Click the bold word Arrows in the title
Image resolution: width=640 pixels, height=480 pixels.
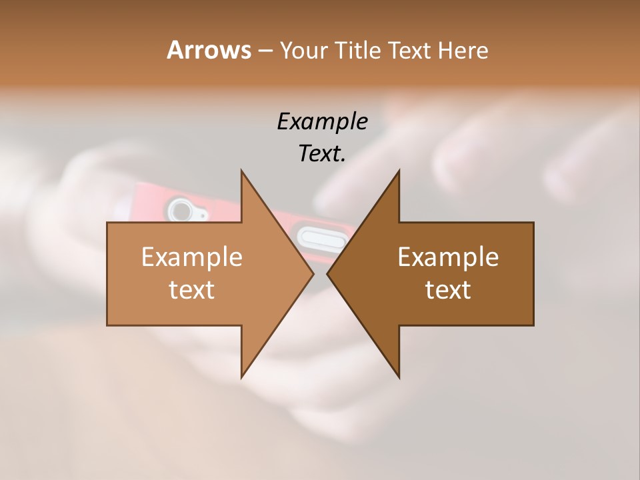click(208, 50)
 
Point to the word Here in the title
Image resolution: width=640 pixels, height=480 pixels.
click(463, 50)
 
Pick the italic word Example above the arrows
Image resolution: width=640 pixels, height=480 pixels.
click(322, 121)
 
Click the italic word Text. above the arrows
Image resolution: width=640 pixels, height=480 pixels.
click(322, 153)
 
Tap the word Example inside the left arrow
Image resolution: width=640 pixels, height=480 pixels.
click(192, 257)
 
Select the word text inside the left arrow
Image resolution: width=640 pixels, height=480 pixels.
click(192, 289)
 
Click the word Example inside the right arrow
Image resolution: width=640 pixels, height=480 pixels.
click(448, 257)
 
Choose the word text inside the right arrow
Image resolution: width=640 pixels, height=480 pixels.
click(448, 289)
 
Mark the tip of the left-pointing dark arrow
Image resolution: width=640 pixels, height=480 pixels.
click(327, 273)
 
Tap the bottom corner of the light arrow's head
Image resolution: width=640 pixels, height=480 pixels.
click(242, 377)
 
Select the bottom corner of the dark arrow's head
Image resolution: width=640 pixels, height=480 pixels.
click(399, 377)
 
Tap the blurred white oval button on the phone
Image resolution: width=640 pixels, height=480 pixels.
click(321, 237)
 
